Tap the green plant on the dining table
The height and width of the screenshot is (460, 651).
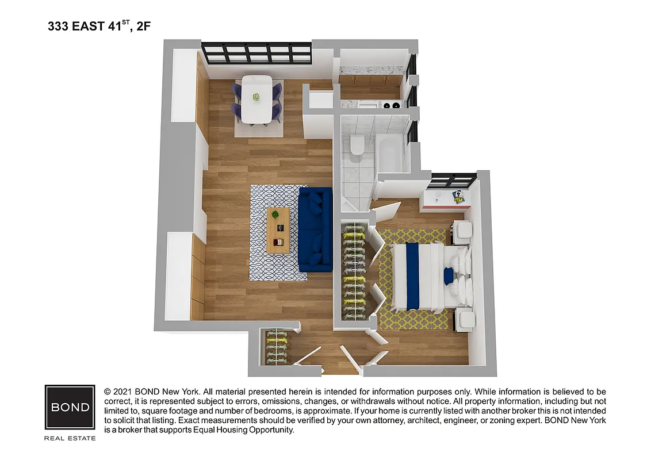[256, 97]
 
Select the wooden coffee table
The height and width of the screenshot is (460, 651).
[278, 230]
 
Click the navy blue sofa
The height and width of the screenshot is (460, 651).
[315, 229]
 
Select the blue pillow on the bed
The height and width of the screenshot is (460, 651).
[449, 276]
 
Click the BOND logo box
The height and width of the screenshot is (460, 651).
[70, 407]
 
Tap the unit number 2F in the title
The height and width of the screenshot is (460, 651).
[144, 26]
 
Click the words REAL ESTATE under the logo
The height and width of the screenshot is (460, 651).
[70, 438]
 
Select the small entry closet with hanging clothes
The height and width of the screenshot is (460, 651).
[275, 346]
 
